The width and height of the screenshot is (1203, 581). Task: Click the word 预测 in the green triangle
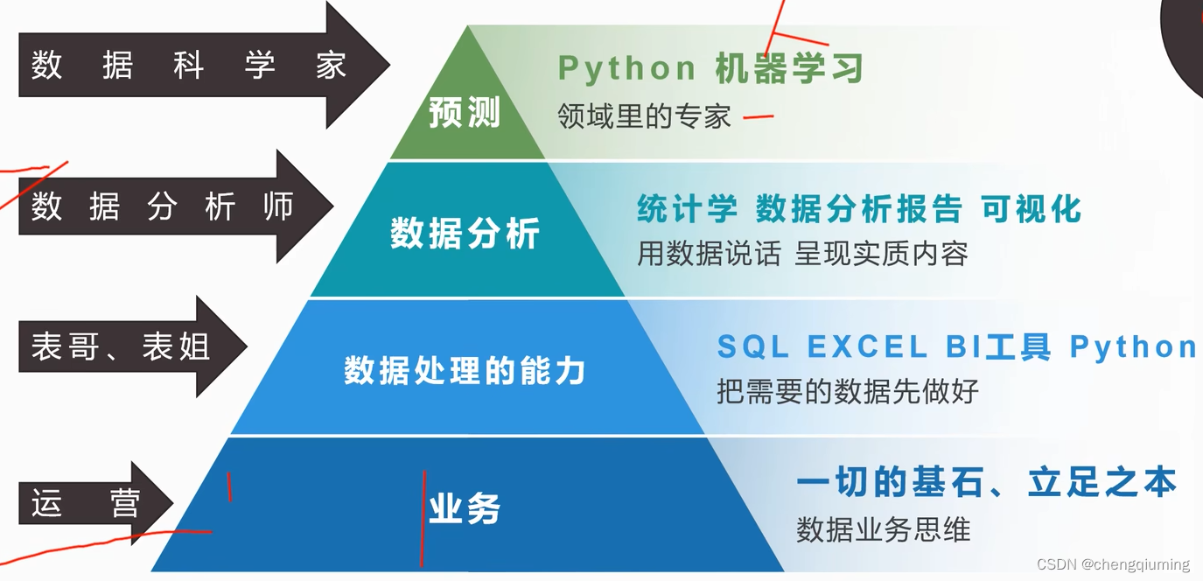pos(465,113)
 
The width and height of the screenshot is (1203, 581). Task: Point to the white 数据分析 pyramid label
pos(465,234)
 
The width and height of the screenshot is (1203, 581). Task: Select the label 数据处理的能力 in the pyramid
pos(465,371)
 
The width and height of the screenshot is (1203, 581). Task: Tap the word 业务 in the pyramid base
pos(465,508)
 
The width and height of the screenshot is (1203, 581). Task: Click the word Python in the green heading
pos(626,68)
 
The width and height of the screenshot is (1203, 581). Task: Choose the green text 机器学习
pos(789,68)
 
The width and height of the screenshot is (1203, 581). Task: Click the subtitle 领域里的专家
pos(644,115)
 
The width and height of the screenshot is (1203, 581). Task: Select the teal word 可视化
pos(1032,209)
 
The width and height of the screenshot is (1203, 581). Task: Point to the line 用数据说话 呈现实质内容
pos(802,254)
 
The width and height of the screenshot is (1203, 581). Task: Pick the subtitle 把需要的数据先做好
pos(847,391)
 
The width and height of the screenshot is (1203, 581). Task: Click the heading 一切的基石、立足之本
pos(986,482)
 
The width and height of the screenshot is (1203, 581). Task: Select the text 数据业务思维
pos(883,529)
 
